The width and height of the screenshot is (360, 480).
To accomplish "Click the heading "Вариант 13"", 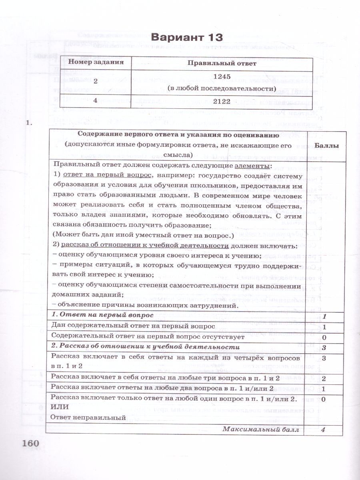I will pos(186,38).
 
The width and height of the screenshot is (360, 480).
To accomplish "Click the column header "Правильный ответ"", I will pos(222,63).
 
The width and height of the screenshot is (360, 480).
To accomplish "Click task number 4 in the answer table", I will pos(95,101).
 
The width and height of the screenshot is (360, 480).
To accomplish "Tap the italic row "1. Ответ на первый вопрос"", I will pos(103,316).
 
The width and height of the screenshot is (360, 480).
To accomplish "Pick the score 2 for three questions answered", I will pos(324,378).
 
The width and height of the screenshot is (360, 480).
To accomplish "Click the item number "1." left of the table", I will pos(28,124).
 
